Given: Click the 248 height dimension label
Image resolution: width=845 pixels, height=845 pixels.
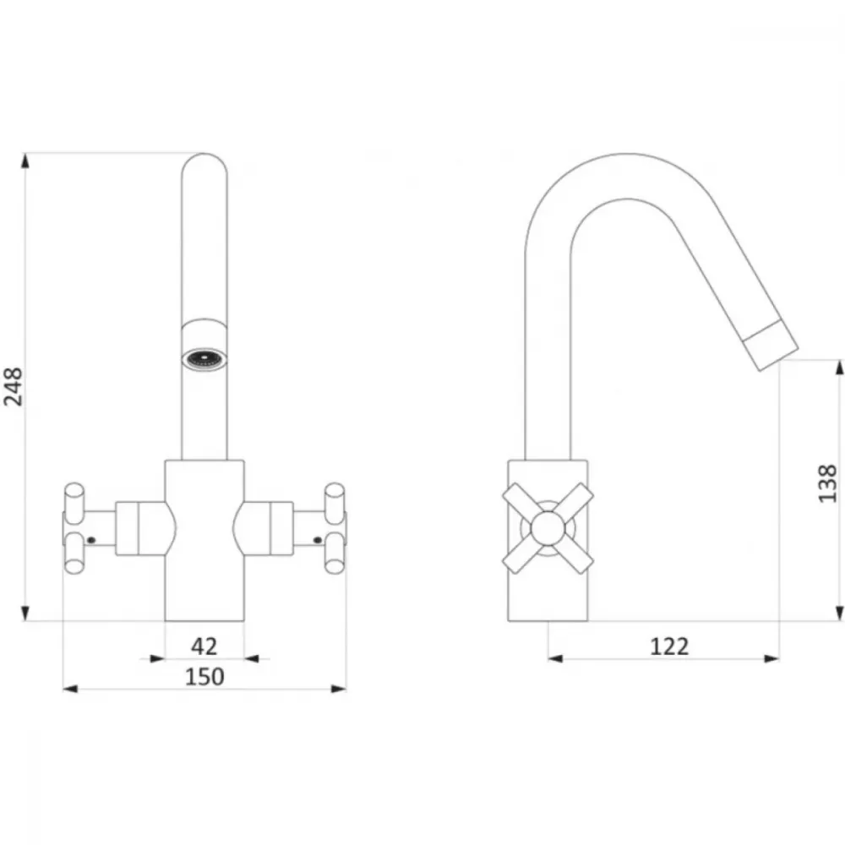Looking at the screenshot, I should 14,386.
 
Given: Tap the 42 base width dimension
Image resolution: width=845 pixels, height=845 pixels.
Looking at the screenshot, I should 204,646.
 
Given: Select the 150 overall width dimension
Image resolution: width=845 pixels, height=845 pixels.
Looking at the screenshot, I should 204,677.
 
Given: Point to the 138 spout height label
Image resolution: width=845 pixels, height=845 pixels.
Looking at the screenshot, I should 828,483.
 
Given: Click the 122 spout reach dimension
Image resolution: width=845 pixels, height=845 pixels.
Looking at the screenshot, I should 669,646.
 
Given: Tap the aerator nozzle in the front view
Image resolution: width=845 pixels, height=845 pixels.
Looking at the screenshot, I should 204,359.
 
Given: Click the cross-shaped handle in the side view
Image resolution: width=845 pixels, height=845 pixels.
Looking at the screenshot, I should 548,528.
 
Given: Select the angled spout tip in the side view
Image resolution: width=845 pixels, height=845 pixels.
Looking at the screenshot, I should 770,345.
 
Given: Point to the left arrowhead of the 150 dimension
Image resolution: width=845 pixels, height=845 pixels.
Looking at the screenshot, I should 70,689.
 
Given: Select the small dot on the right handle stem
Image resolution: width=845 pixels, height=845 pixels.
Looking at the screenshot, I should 318,539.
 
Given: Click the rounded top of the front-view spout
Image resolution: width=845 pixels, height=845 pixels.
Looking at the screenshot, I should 204,161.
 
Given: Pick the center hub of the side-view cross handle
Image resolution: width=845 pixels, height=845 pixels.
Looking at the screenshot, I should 548,528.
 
